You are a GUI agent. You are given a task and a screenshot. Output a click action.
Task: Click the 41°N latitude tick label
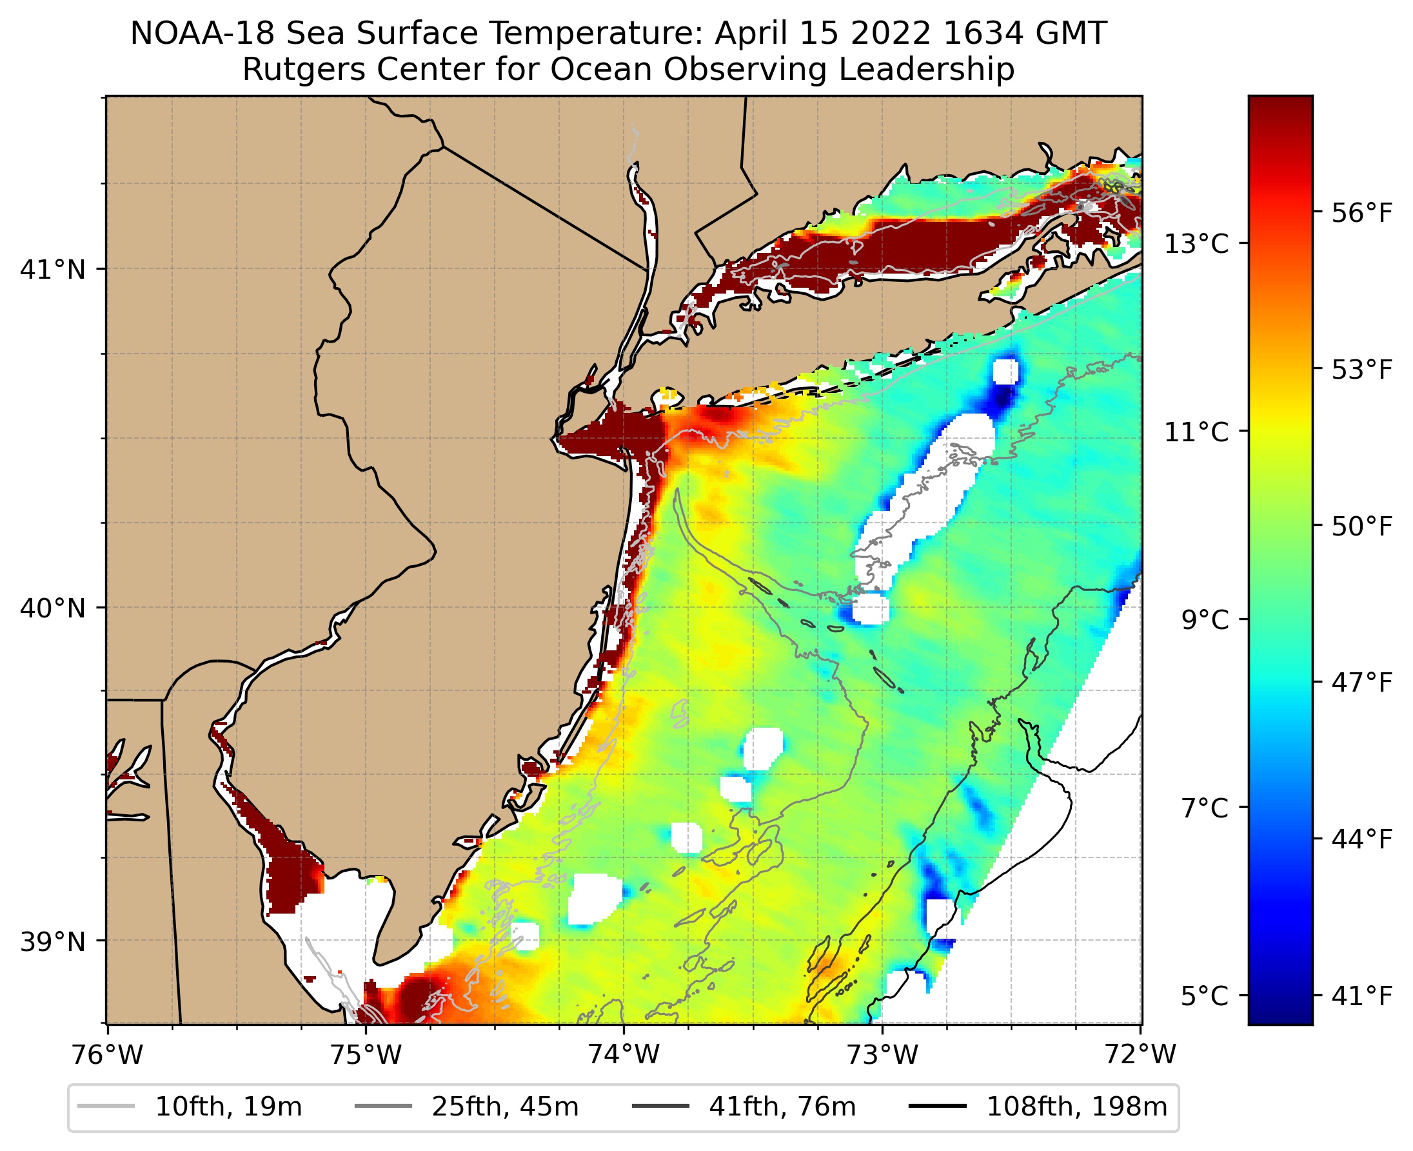tap(53, 270)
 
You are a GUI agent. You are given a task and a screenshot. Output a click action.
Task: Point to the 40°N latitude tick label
tap(53, 608)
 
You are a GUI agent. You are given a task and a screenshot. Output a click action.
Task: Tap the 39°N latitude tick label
tap(53, 941)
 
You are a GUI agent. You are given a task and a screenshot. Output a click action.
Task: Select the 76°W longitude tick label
tap(107, 1055)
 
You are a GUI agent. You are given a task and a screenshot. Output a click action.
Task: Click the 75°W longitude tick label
tap(366, 1055)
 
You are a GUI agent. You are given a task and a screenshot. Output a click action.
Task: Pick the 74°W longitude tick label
tap(624, 1055)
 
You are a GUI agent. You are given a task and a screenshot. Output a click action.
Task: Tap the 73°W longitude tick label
tap(883, 1055)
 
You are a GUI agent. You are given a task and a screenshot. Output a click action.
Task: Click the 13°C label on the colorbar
tap(1196, 244)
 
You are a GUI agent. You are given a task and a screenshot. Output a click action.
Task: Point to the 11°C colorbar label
tap(1196, 432)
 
